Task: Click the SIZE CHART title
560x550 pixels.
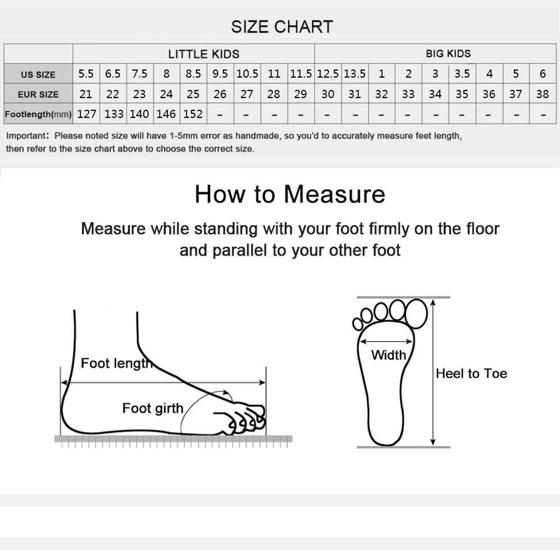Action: click(x=282, y=27)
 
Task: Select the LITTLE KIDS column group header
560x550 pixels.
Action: click(x=204, y=54)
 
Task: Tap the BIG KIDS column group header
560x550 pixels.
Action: click(x=448, y=54)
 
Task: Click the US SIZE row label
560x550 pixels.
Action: click(x=38, y=75)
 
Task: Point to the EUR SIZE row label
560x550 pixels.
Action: click(x=38, y=95)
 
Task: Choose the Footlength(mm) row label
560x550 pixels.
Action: click(x=38, y=114)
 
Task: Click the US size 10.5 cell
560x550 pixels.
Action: click(x=247, y=74)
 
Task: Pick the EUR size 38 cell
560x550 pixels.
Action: click(x=542, y=94)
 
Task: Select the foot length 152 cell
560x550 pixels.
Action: click(x=193, y=114)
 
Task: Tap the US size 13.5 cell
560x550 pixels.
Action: click(x=355, y=74)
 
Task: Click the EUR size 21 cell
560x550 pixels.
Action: click(x=86, y=94)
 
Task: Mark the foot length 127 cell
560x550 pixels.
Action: click(x=86, y=114)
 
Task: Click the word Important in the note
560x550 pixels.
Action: click(x=26, y=136)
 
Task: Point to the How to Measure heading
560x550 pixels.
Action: click(x=290, y=194)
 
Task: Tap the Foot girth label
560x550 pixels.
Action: click(x=152, y=408)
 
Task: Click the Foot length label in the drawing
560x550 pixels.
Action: click(x=117, y=363)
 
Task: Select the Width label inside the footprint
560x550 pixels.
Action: click(x=388, y=355)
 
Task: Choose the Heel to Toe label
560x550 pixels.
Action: click(x=471, y=374)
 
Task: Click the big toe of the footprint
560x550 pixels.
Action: click(x=416, y=314)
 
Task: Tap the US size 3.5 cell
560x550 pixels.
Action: click(x=462, y=74)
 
